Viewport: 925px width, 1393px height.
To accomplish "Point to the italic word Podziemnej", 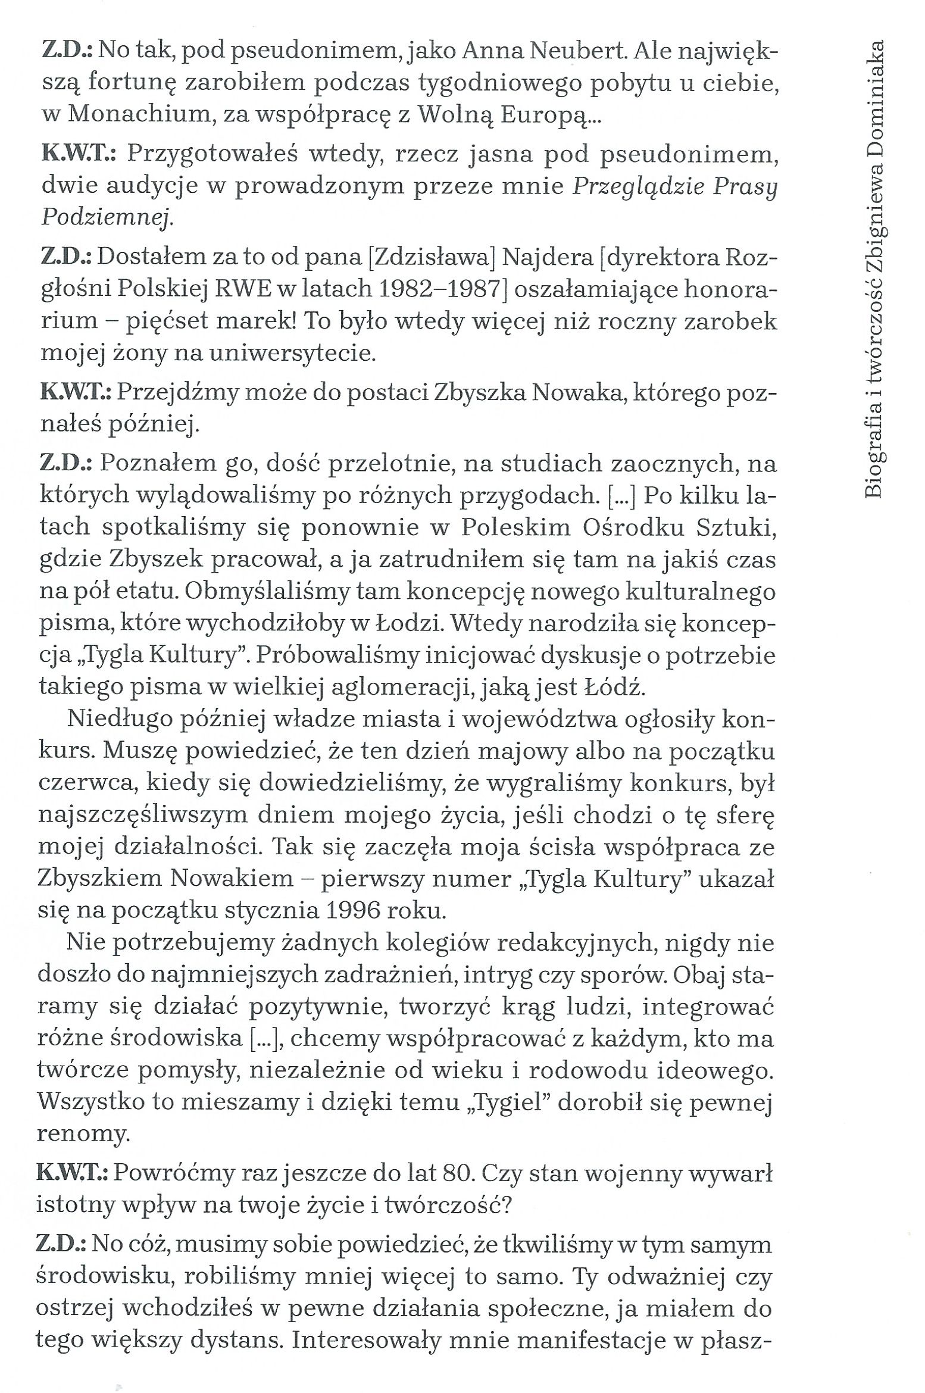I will [x=106, y=218].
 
